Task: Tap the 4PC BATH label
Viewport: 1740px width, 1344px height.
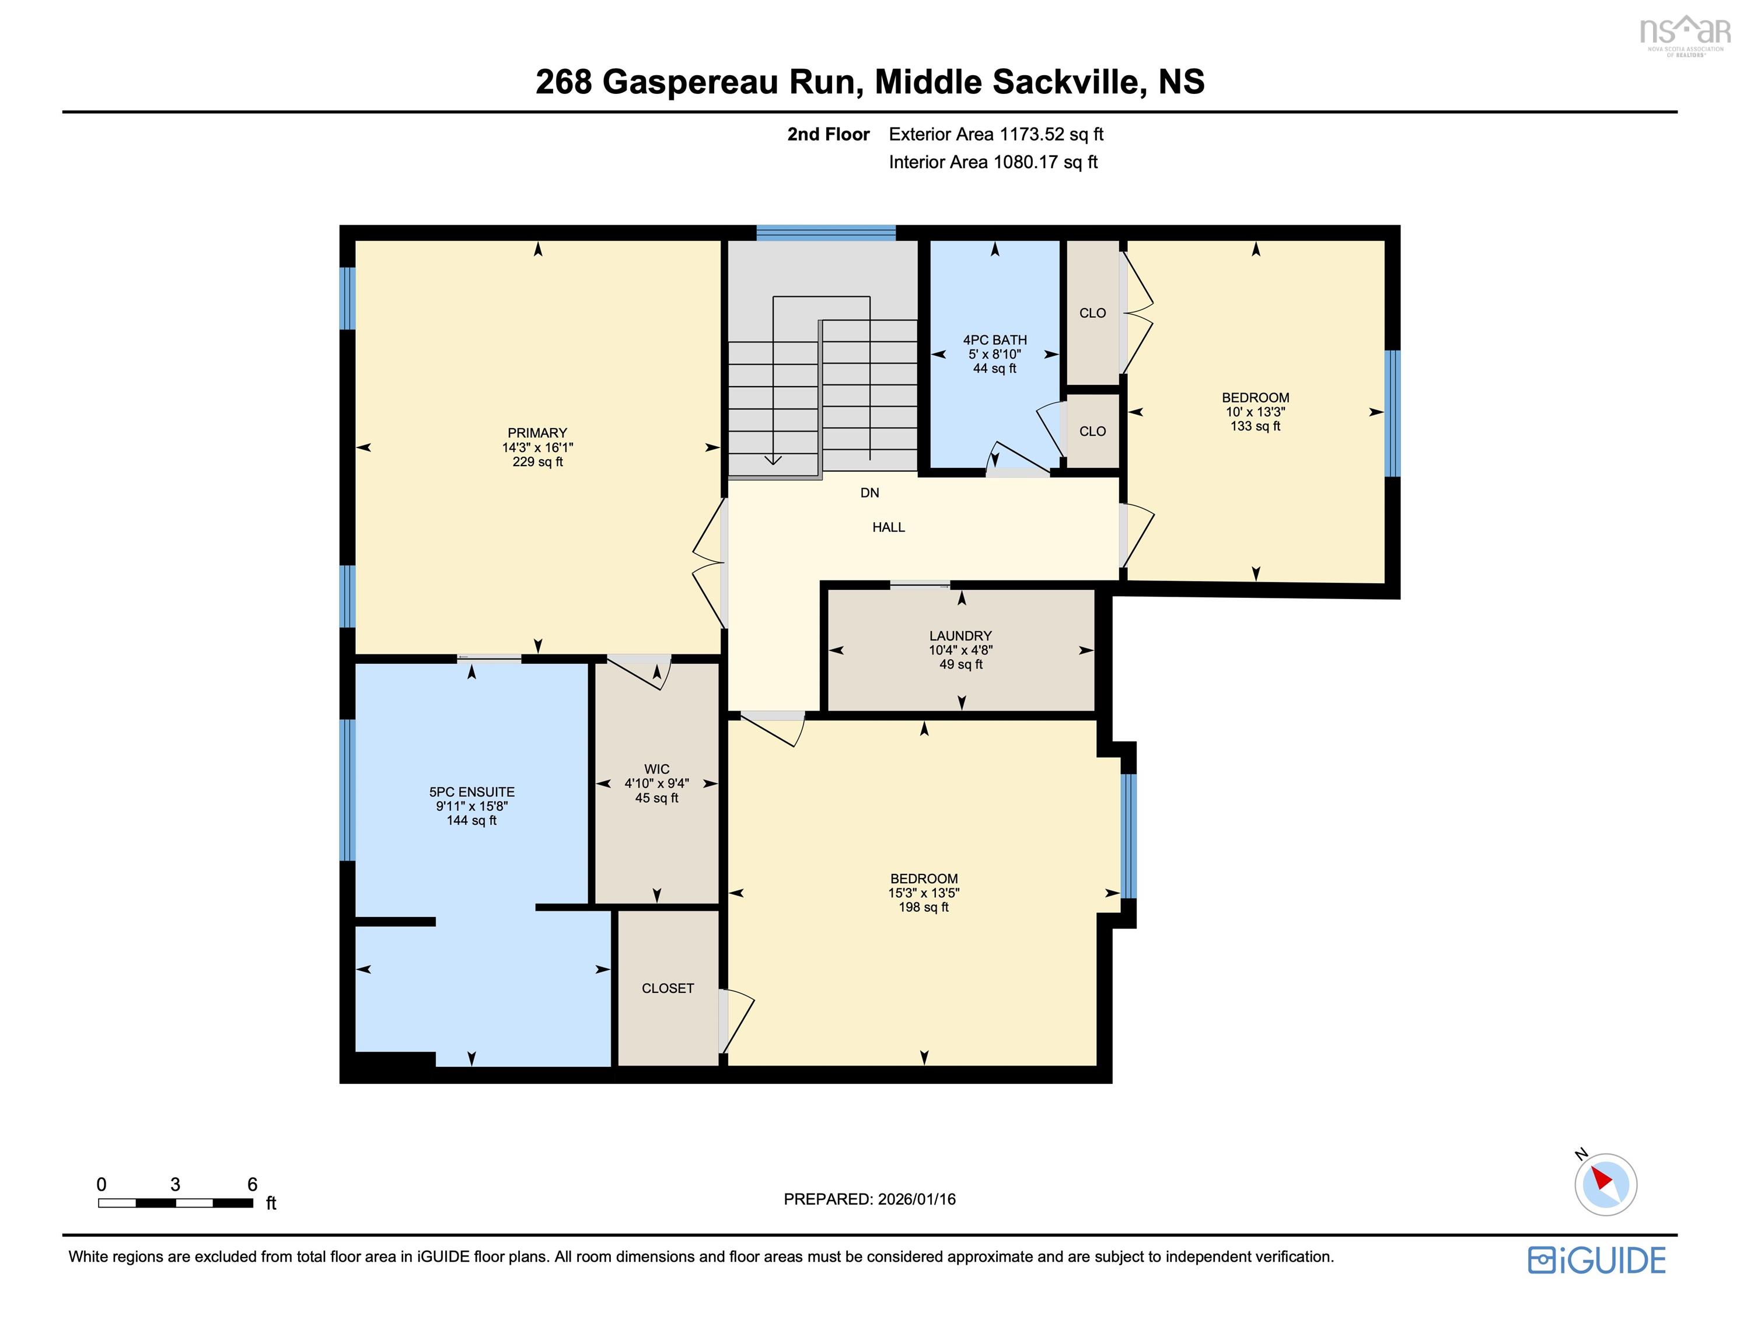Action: tap(994, 340)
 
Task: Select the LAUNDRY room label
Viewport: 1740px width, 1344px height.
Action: tap(960, 636)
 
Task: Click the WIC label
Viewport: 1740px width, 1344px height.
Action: tap(656, 769)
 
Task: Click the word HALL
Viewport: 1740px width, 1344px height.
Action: tap(888, 527)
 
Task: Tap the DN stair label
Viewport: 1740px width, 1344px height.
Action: tap(869, 493)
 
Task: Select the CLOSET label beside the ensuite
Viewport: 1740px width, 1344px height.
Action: tap(668, 988)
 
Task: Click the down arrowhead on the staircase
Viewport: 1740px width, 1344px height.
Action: tap(773, 459)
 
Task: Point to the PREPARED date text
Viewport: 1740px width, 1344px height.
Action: tap(869, 1199)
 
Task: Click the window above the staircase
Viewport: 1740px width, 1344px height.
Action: tap(826, 233)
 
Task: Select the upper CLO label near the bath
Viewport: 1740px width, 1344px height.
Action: tap(1092, 313)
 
